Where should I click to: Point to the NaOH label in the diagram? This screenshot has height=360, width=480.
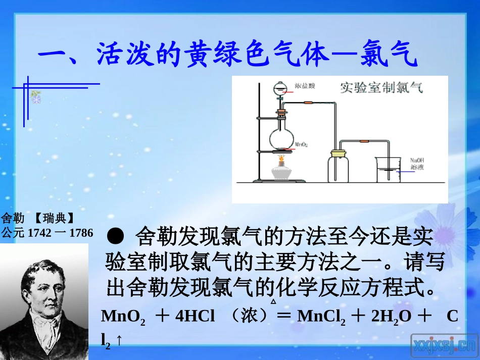click(417, 160)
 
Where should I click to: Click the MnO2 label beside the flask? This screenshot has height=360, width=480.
click(302, 144)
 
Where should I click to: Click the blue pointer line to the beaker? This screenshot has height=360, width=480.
click(406, 172)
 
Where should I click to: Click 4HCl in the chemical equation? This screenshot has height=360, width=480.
click(195, 317)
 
